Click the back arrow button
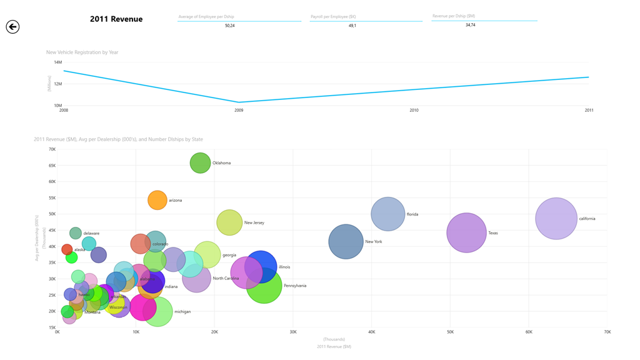click(x=12, y=27)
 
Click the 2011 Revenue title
click(x=116, y=19)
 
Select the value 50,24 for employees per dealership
click(x=230, y=26)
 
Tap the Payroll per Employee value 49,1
click(x=352, y=26)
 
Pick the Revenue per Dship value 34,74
click(x=471, y=25)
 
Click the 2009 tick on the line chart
click(x=239, y=111)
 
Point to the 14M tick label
click(x=58, y=62)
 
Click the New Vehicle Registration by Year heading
click(x=82, y=52)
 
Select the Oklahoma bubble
click(x=200, y=163)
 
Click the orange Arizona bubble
click(x=157, y=200)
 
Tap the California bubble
click(x=556, y=219)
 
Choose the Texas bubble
click(x=466, y=232)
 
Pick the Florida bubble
click(x=388, y=214)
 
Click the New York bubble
click(x=346, y=241)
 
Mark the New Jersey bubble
click(x=229, y=222)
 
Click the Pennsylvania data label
click(x=295, y=286)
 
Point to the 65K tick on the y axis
click(x=52, y=166)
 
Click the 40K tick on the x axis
click(x=372, y=332)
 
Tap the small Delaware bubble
click(x=76, y=233)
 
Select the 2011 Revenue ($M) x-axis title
click(x=334, y=346)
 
